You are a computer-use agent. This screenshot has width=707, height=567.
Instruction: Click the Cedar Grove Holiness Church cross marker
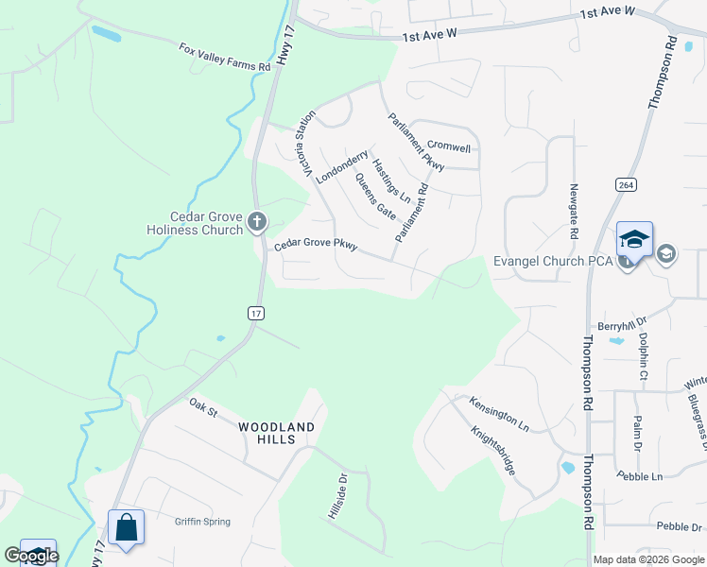(x=256, y=223)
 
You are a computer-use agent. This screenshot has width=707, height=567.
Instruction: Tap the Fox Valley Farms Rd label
(x=225, y=57)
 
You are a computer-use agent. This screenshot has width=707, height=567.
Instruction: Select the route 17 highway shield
(x=256, y=312)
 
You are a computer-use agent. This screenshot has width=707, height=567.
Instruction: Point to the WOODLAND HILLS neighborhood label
(x=276, y=428)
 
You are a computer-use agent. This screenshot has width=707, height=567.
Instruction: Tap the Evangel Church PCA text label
(x=553, y=261)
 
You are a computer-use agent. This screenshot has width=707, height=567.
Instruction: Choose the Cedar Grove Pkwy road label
(x=316, y=245)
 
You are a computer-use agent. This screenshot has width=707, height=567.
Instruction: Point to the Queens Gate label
(x=375, y=197)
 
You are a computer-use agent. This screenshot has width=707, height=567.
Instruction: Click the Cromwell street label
(x=449, y=146)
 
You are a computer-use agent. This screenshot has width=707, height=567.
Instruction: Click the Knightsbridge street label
(x=493, y=450)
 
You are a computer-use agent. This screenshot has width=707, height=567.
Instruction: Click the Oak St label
(x=203, y=407)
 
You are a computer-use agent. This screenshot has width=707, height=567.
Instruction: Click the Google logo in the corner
(x=31, y=556)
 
